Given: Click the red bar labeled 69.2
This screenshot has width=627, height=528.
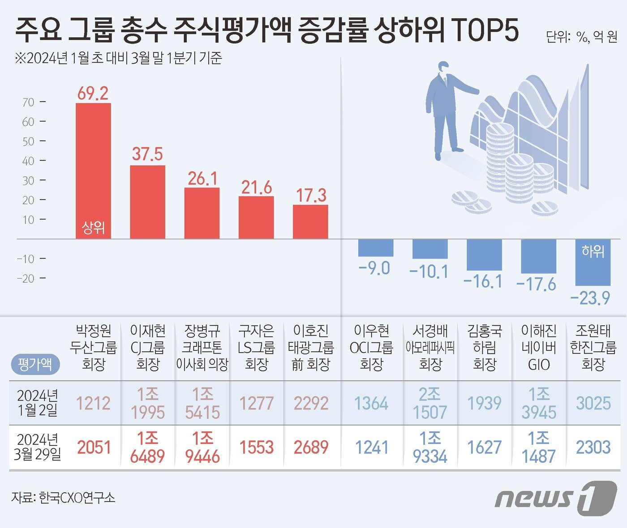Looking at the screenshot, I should click(x=93, y=170).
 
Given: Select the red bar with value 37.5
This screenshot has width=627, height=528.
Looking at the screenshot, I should click(x=147, y=201).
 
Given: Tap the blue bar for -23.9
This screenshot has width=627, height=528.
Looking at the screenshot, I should click(x=593, y=263).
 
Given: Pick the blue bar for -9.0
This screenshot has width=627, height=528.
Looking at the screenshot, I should click(x=375, y=248).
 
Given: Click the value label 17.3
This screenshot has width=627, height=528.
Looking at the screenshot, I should click(x=311, y=196).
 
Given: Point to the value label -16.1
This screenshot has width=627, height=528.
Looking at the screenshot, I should click(x=483, y=281).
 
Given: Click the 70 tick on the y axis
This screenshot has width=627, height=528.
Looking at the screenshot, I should click(x=29, y=102).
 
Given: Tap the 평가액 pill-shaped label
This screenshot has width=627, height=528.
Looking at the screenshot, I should click(x=34, y=364).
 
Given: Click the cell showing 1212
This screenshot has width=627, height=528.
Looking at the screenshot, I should click(x=93, y=404).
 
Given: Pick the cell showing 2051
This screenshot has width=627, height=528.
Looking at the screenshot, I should click(x=93, y=447).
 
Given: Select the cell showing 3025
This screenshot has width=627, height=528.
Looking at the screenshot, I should click(x=593, y=404).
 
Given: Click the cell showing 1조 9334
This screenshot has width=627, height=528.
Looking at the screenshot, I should click(x=430, y=447).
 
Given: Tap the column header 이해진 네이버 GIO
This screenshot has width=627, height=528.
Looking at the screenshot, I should click(x=538, y=348).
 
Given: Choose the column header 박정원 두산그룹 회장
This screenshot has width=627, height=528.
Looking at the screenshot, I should click(x=93, y=348).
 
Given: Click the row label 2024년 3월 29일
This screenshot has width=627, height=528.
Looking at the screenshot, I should click(x=38, y=447).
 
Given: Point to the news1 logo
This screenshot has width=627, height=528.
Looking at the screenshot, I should click(x=555, y=497).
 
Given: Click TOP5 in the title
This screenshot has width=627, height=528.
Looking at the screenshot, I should click(x=486, y=31).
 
